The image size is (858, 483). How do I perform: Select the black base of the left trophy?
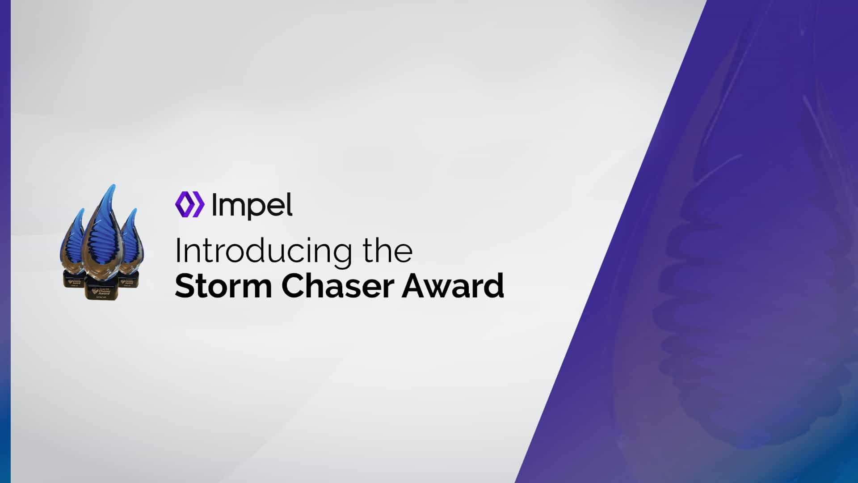(x=73, y=280)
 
